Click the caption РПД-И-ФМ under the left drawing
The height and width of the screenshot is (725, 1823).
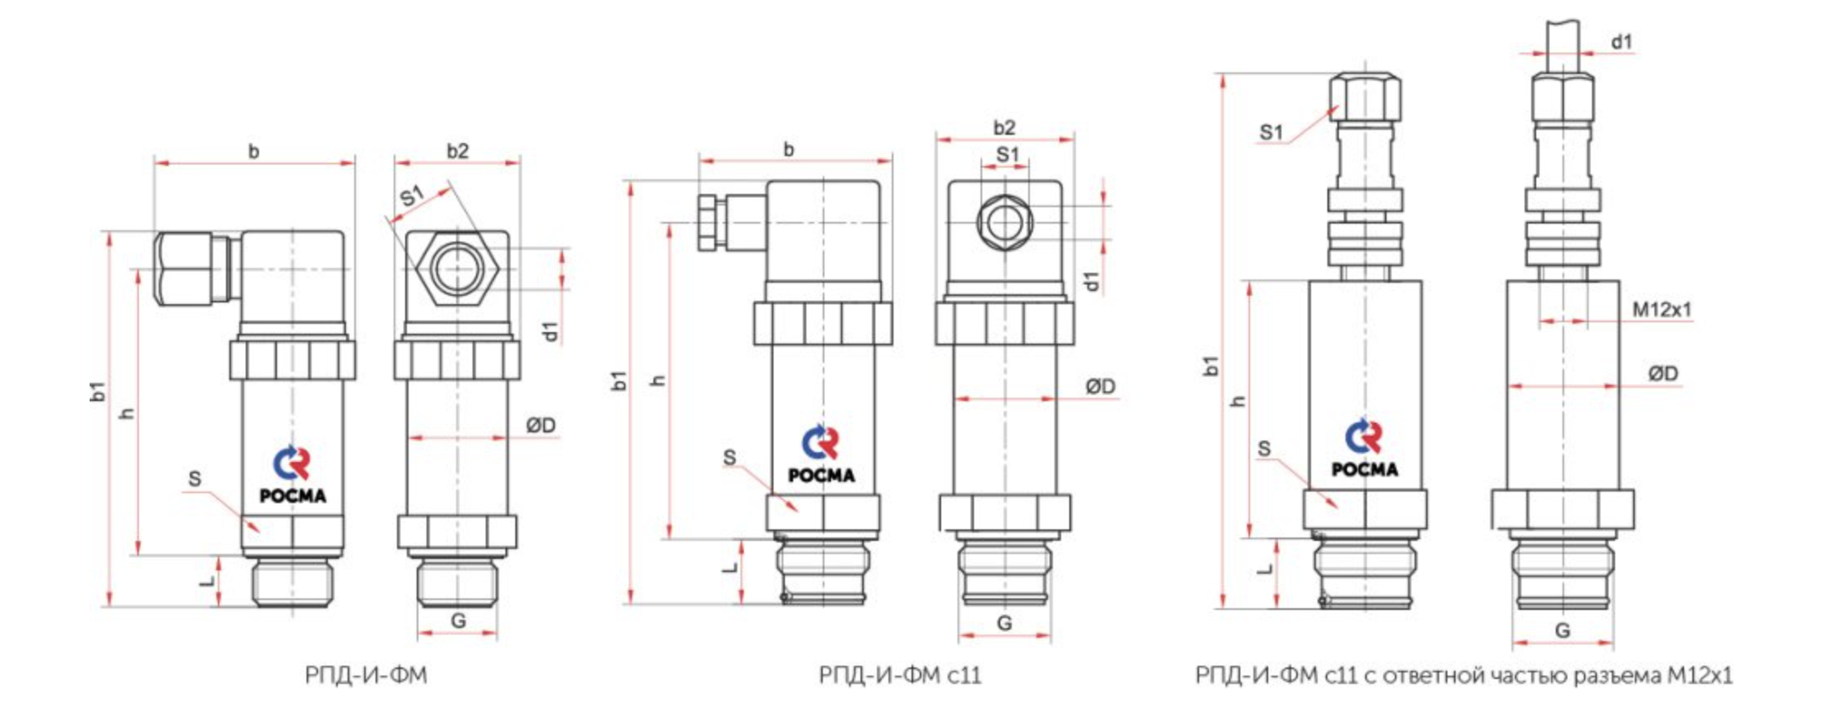(366, 676)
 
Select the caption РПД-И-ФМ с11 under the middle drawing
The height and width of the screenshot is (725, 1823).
(900, 676)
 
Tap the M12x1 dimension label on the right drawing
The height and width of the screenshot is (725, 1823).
(1662, 309)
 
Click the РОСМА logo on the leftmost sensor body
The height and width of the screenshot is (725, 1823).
(293, 474)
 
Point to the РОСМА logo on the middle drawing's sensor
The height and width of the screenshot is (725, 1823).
(821, 454)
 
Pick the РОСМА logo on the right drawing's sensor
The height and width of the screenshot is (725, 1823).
(1364, 449)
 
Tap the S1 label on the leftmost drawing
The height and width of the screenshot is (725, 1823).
(412, 196)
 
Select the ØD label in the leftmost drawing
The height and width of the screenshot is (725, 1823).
(541, 425)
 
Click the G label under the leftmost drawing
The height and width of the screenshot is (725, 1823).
(459, 621)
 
